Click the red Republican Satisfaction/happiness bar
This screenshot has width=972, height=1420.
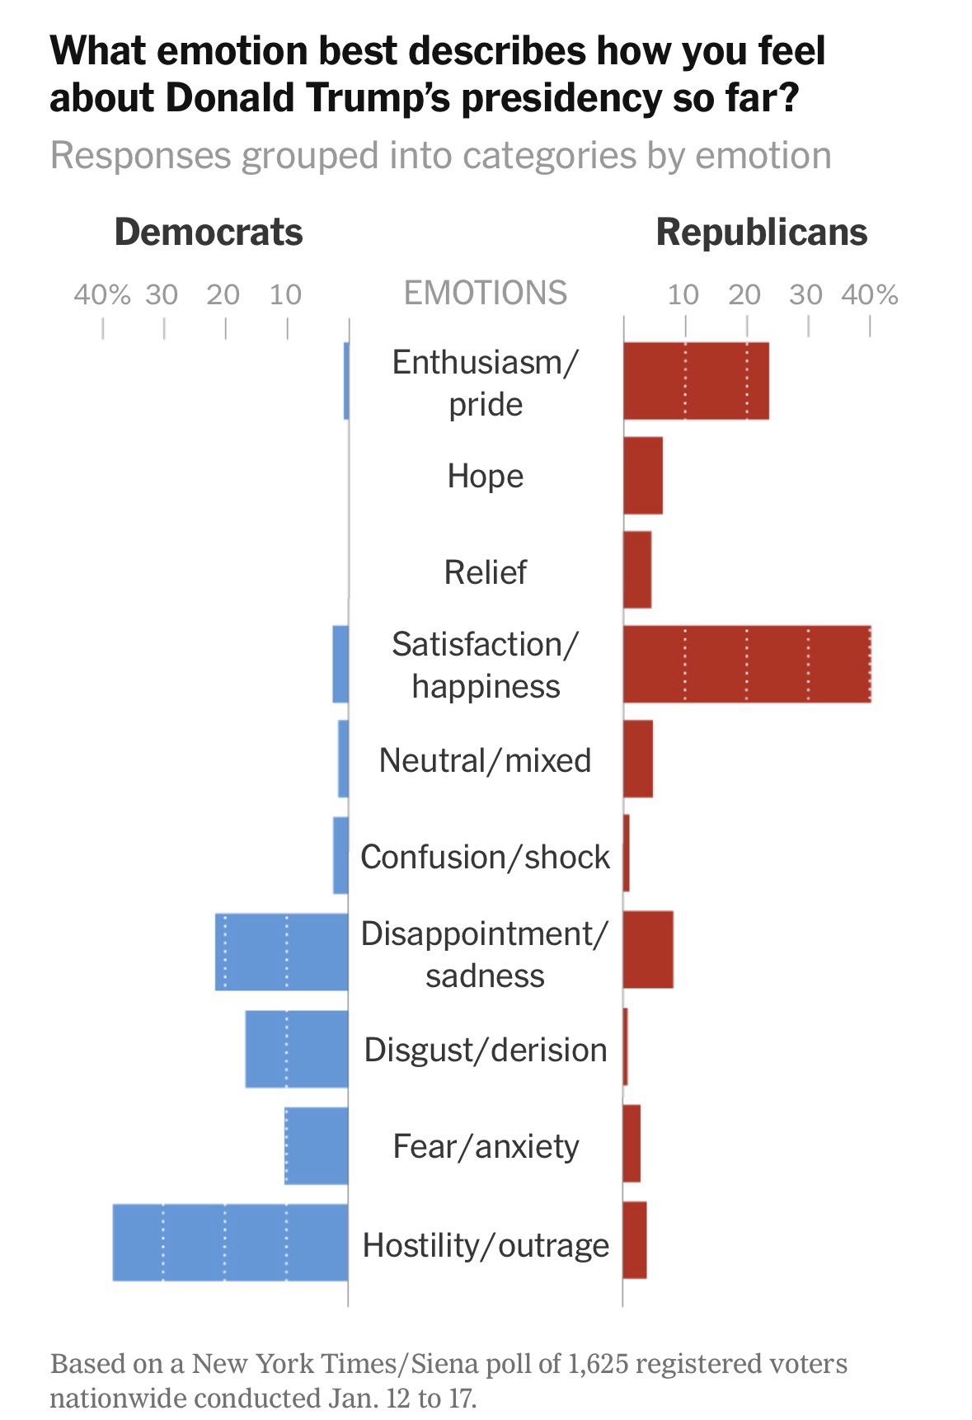[746, 664]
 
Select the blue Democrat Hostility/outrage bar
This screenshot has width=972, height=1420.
[230, 1242]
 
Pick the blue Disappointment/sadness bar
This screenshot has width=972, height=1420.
[281, 951]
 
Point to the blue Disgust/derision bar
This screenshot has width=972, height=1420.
[296, 1048]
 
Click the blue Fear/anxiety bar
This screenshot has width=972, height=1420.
[316, 1145]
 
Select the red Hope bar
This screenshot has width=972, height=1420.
[642, 476]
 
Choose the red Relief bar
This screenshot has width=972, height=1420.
[636, 570]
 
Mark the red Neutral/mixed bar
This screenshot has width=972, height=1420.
[637, 759]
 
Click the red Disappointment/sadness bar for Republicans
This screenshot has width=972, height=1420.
[647, 949]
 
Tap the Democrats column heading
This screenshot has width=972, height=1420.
[209, 232]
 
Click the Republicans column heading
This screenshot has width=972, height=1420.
[761, 232]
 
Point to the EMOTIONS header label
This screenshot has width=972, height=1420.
[485, 293]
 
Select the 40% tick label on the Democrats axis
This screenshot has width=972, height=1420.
[102, 294]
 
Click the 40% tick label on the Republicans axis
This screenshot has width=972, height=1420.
[870, 294]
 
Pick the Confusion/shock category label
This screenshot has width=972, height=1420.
[485, 857]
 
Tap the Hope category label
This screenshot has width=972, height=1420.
[485, 476]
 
